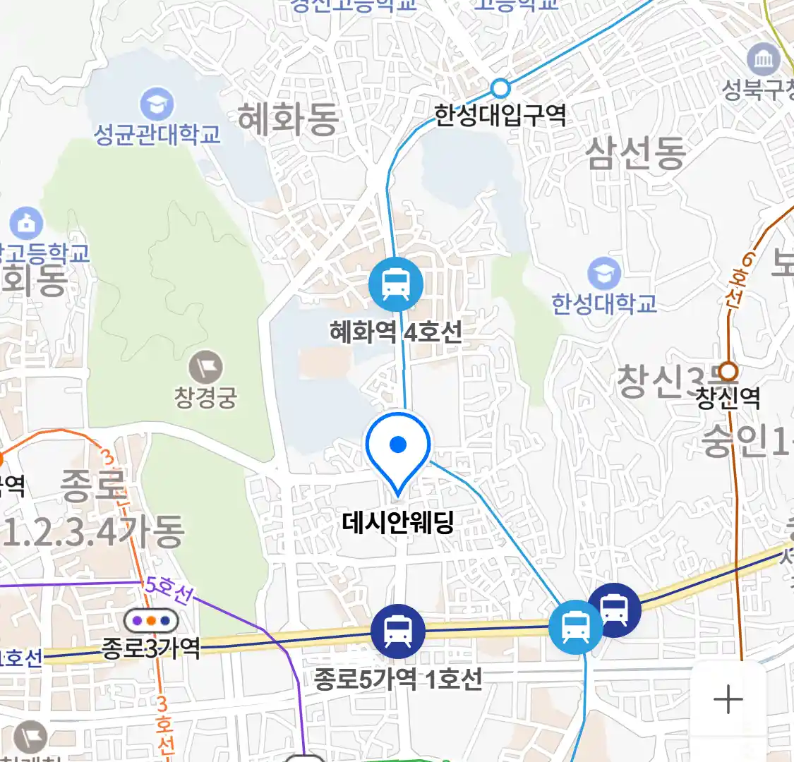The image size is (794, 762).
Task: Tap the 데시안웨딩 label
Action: click(x=397, y=523)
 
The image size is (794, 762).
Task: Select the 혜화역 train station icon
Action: click(x=396, y=284)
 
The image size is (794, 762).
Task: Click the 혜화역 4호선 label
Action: click(x=395, y=331)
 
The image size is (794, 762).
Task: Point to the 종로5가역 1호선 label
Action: click(x=398, y=679)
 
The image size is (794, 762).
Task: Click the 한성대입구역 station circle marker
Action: click(x=500, y=88)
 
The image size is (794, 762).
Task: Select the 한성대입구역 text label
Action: click(x=500, y=114)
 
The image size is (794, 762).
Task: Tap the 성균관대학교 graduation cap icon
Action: click(x=157, y=105)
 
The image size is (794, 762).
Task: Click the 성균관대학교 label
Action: click(x=157, y=134)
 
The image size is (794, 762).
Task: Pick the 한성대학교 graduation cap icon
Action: click(x=604, y=274)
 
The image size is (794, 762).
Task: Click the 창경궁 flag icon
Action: click(x=206, y=368)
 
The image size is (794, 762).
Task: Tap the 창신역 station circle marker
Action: click(x=728, y=371)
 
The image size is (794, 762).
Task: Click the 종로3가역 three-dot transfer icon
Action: click(x=151, y=622)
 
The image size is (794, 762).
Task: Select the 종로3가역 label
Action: click(x=151, y=648)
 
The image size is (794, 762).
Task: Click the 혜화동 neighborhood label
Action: click(x=288, y=119)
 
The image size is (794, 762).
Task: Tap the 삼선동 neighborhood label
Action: click(x=635, y=154)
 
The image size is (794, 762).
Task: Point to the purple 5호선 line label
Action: click(x=168, y=590)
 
